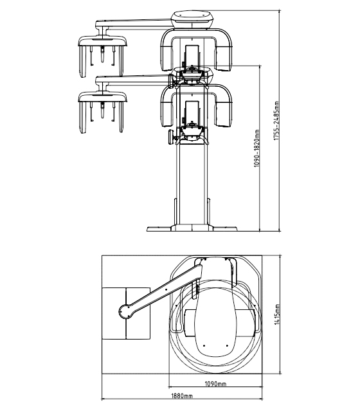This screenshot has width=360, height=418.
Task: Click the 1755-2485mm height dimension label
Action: click(x=276, y=121)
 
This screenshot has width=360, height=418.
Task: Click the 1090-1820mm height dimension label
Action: click(x=256, y=148)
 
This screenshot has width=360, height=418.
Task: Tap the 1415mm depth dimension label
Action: click(x=277, y=314)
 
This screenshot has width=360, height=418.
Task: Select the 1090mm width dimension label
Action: click(x=215, y=384)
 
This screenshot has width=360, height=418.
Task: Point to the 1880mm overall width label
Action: click(x=181, y=396)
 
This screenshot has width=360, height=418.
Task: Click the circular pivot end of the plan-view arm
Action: click(x=125, y=312)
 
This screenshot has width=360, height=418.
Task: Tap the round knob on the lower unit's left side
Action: click(x=171, y=137)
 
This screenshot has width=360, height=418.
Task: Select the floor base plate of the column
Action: click(x=192, y=228)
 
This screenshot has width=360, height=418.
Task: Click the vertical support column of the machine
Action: click(x=192, y=184)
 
